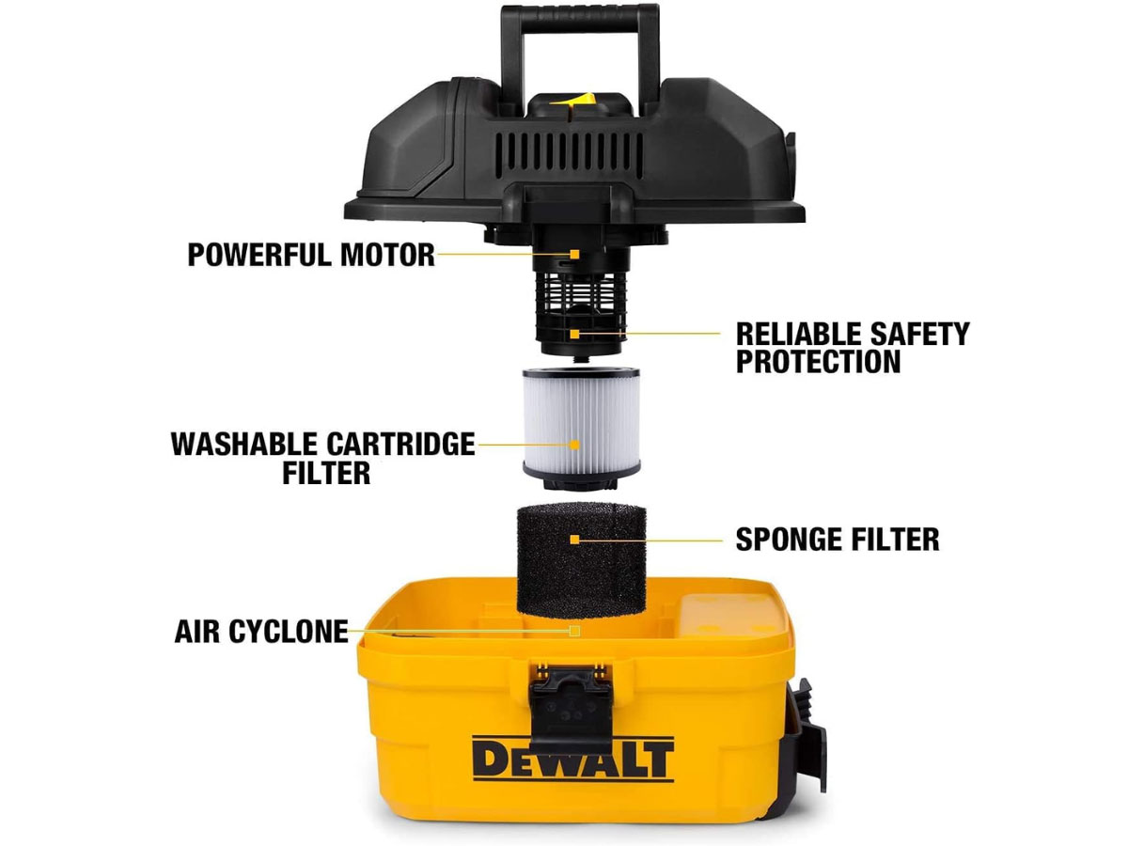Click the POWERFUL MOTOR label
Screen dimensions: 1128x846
(311, 255)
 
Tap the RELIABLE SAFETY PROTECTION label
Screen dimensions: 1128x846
(852, 348)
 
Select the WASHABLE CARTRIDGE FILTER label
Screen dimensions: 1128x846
(322, 458)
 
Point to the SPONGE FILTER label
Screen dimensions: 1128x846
(838, 540)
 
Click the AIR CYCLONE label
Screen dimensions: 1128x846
(261, 632)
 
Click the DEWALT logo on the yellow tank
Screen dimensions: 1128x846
(572, 759)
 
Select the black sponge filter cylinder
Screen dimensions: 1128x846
(581, 560)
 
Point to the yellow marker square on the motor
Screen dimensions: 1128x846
(575, 254)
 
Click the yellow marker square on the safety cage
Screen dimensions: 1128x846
(575, 335)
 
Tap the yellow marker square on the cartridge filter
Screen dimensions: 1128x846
(575, 445)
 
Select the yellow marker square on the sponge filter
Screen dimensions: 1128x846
(575, 540)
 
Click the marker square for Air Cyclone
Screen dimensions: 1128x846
(575, 631)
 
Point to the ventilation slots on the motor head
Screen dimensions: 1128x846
(569, 146)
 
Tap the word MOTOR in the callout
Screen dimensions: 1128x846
(388, 255)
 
